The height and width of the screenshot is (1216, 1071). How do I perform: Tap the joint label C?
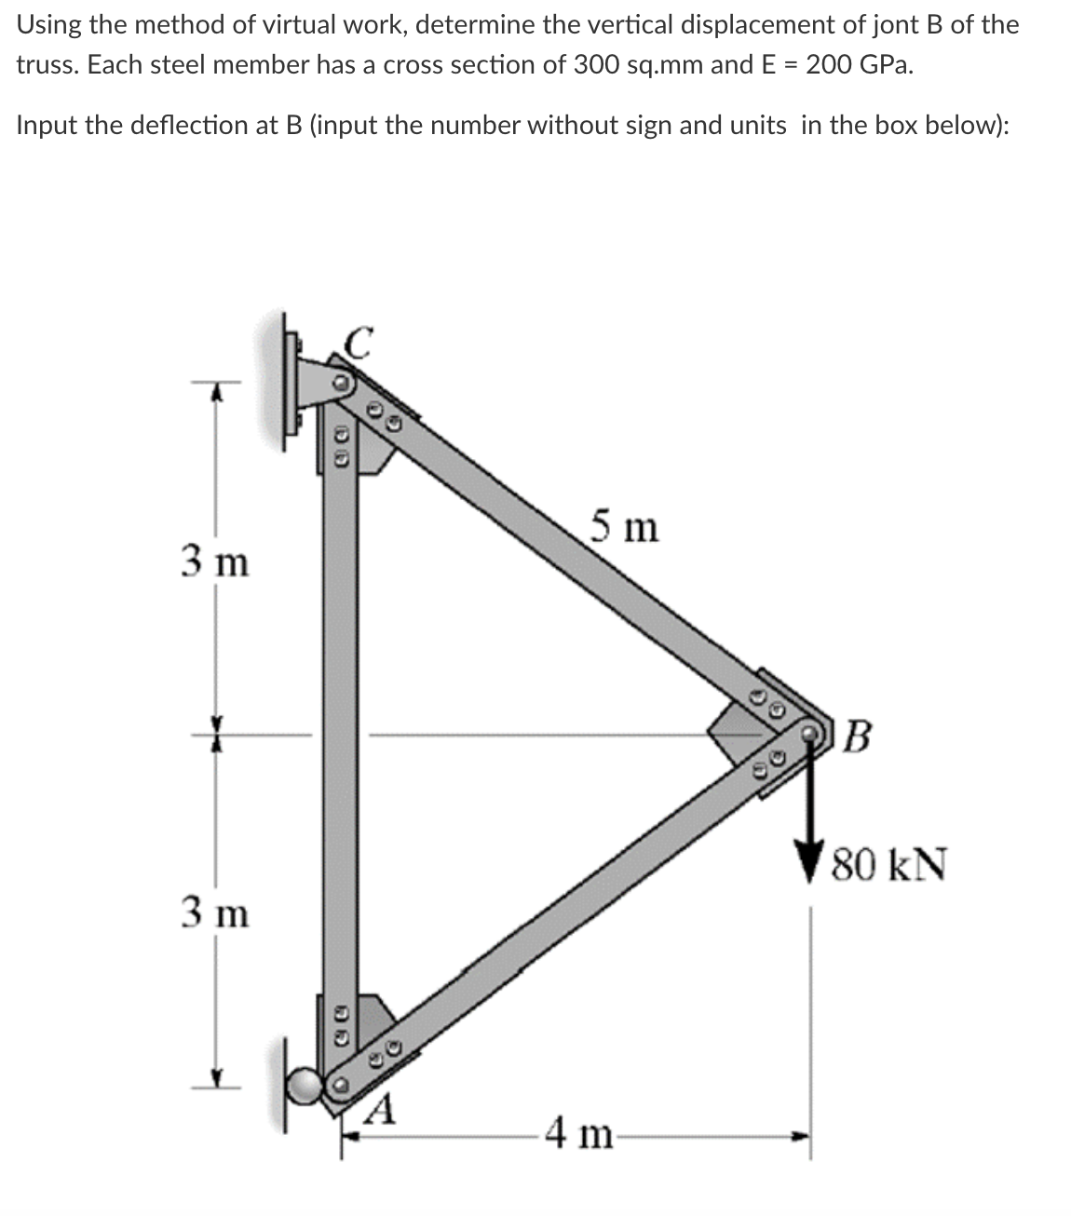click(x=359, y=342)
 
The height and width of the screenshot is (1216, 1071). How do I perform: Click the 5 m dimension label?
click(x=624, y=528)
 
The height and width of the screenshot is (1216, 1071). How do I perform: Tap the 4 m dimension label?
click(x=578, y=1136)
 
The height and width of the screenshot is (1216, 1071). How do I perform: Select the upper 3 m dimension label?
click(x=215, y=562)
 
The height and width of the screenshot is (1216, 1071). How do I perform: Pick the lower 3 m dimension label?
click(x=215, y=912)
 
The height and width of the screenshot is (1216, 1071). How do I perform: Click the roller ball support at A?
click(x=305, y=1086)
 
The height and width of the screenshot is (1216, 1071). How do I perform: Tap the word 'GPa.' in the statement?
click(x=885, y=66)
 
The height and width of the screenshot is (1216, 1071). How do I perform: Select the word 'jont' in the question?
click(x=901, y=24)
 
